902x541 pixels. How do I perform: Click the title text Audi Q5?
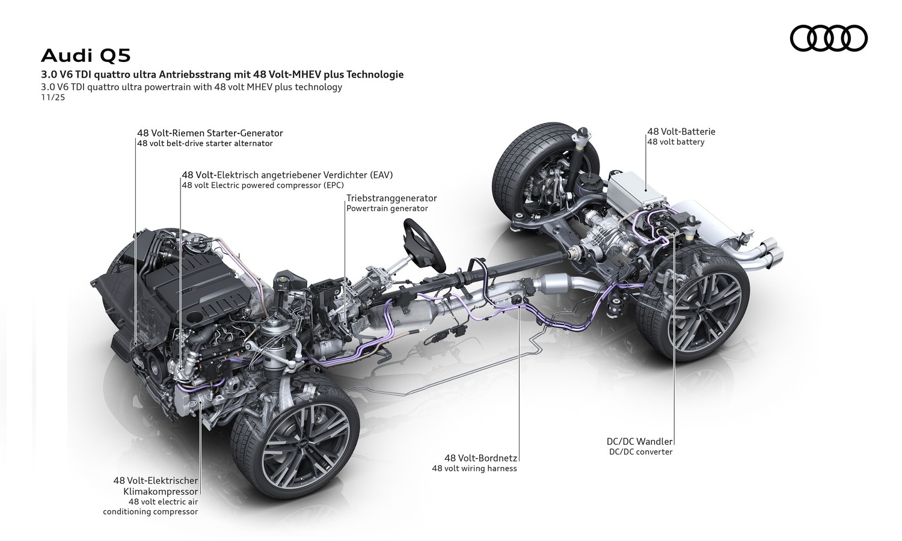click(x=85, y=56)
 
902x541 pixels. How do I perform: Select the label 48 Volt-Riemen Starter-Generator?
click(x=209, y=133)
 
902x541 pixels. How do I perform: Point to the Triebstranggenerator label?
click(x=391, y=198)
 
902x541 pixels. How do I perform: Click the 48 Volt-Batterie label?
click(x=681, y=132)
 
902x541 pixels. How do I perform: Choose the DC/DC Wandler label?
click(x=640, y=441)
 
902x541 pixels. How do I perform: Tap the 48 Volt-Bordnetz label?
click(x=481, y=458)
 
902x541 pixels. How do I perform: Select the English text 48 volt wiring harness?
click(x=474, y=469)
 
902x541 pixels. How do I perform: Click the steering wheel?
click(x=423, y=242)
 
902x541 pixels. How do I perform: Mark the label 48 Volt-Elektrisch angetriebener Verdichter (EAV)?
click(x=287, y=175)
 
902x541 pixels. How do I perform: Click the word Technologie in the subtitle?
click(x=373, y=75)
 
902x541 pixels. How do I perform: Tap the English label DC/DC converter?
click(x=640, y=452)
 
